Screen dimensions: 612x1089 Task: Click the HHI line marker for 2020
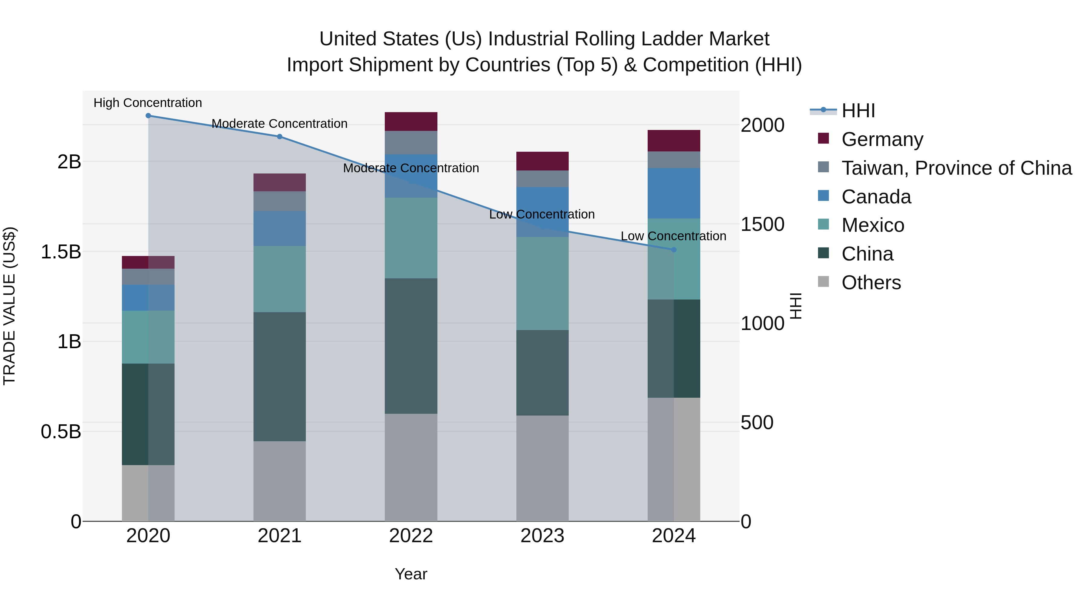(148, 116)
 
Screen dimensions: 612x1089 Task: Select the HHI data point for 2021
(280, 136)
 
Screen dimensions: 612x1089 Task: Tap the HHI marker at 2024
(674, 250)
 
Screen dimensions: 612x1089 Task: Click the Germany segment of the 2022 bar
(411, 121)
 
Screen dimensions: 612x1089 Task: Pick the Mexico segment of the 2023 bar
(542, 283)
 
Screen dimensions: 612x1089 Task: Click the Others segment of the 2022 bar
(411, 467)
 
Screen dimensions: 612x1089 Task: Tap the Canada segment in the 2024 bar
(674, 193)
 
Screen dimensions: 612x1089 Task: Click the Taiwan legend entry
(956, 168)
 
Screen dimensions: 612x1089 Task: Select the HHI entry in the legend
(858, 111)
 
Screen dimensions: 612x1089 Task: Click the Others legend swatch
(823, 282)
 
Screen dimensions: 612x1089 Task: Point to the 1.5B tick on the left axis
(61, 252)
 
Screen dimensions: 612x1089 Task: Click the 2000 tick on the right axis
(763, 125)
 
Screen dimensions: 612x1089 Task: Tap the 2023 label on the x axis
(542, 536)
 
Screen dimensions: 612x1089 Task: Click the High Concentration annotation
(148, 103)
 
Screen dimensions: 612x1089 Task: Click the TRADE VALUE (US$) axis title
(9, 306)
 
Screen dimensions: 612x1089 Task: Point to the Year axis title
(411, 574)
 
